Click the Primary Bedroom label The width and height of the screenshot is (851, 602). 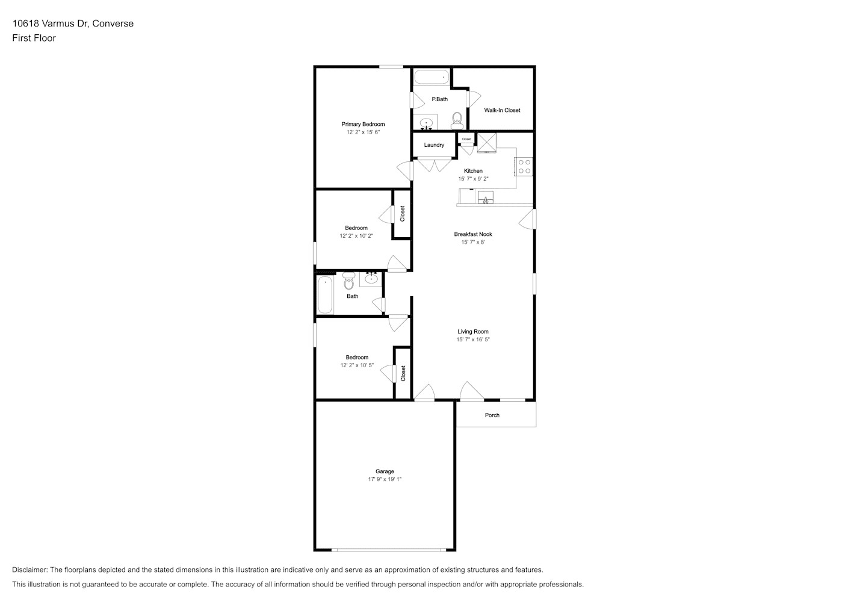coord(363,124)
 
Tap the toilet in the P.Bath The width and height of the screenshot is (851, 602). coord(457,120)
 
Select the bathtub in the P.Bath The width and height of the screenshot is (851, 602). coord(432,77)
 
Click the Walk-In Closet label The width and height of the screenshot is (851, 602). coord(502,110)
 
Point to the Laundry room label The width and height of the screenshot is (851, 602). coord(434,145)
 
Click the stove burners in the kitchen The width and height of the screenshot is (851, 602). coord(524,167)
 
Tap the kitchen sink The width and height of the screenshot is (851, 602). coord(486,197)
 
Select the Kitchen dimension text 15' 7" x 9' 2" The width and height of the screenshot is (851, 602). coord(473,179)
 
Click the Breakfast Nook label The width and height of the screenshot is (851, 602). coord(473,234)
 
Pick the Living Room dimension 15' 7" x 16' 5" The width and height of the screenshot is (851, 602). coord(473,340)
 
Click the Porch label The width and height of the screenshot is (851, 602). coord(492,415)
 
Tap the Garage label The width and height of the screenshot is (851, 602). coord(385,471)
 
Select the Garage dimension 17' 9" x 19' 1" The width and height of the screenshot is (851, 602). coord(385,479)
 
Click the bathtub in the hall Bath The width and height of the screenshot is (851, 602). coord(325,295)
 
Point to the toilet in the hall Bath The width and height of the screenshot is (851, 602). coord(348,281)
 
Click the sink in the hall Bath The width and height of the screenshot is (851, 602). coord(371,279)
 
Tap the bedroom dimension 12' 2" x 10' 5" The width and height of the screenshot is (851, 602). coord(357,365)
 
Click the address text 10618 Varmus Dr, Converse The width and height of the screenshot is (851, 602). coord(73,23)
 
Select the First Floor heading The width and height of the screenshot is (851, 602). coord(34,38)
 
